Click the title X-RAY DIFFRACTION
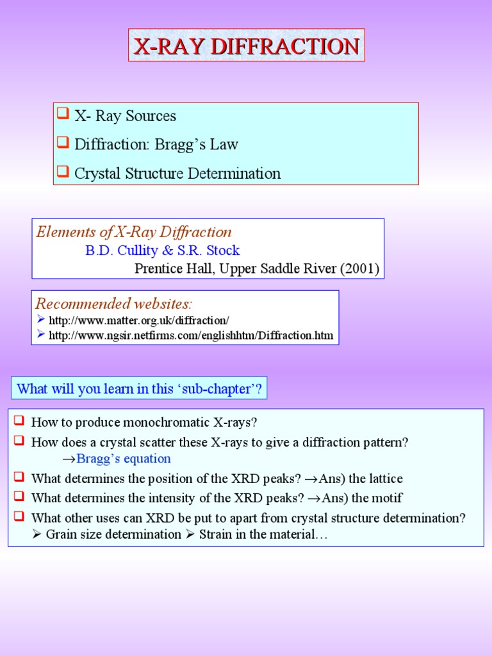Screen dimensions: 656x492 pyautogui.click(x=246, y=46)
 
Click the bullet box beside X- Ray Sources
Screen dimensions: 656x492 pyautogui.click(x=63, y=115)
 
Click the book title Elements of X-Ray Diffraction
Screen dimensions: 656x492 pyautogui.click(x=134, y=232)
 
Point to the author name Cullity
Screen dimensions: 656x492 pyautogui.click(x=136, y=250)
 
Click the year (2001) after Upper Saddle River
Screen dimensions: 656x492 pyautogui.click(x=360, y=268)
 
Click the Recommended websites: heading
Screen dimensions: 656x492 pyautogui.click(x=113, y=303)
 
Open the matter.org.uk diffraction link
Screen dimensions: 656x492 pyautogui.click(x=139, y=319)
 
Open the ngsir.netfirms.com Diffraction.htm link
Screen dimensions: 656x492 pyautogui.click(x=191, y=335)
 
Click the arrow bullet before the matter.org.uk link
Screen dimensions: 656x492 pyautogui.click(x=40, y=319)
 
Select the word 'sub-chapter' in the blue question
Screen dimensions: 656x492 pyautogui.click(x=220, y=388)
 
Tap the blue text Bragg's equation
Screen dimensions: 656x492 pyautogui.click(x=124, y=459)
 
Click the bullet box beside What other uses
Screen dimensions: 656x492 pyautogui.click(x=19, y=516)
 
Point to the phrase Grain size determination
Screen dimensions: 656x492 pyautogui.click(x=113, y=534)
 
